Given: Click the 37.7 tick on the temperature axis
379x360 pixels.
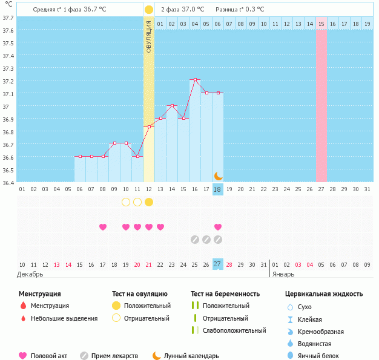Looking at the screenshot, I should [8, 18].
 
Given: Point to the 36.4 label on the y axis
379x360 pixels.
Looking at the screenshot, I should [8, 182].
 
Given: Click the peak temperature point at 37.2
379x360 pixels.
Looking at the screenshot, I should [195, 80].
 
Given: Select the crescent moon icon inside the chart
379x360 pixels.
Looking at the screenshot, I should [218, 176].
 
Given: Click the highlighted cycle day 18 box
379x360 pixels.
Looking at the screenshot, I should [218, 189].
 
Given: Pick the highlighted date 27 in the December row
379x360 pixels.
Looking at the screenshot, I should [218, 264].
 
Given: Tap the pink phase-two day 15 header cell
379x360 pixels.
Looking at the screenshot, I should [321, 24].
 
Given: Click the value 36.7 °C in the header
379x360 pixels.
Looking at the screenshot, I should [99, 10].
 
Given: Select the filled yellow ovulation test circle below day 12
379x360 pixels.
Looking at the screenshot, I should [149, 201].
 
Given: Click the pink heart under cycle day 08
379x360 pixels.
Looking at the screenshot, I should [103, 227].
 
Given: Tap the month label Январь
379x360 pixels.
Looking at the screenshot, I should [282, 273].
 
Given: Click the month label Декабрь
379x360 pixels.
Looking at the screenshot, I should [30, 273].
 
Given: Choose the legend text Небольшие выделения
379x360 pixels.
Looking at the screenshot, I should [64, 318].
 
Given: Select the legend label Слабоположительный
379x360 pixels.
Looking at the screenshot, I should [234, 330].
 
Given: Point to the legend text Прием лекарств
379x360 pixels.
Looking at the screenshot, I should [114, 356].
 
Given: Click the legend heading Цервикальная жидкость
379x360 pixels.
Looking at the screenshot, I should [324, 294].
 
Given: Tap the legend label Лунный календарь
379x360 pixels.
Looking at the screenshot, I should [193, 356].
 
